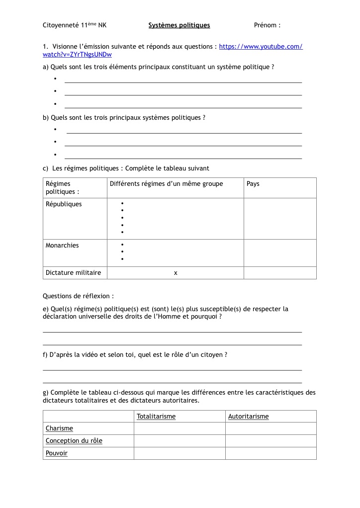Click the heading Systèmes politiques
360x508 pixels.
click(179, 25)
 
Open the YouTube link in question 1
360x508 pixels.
click(261, 47)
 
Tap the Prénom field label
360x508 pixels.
click(267, 25)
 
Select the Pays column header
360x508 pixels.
click(253, 184)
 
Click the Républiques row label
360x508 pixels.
click(64, 204)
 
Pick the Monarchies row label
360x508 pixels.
click(62, 246)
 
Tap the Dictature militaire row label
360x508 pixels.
click(73, 273)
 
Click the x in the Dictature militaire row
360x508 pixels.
click(176, 273)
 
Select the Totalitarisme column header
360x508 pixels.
click(156, 417)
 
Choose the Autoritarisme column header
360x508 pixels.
click(248, 417)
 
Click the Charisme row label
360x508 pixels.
click(59, 428)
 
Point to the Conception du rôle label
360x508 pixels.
click(74, 441)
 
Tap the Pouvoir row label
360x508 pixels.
click(57, 453)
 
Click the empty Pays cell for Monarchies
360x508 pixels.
click(280, 253)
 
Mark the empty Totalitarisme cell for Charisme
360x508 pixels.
click(180, 428)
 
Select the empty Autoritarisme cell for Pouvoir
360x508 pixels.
click(270, 453)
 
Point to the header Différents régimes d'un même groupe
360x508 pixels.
click(166, 184)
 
